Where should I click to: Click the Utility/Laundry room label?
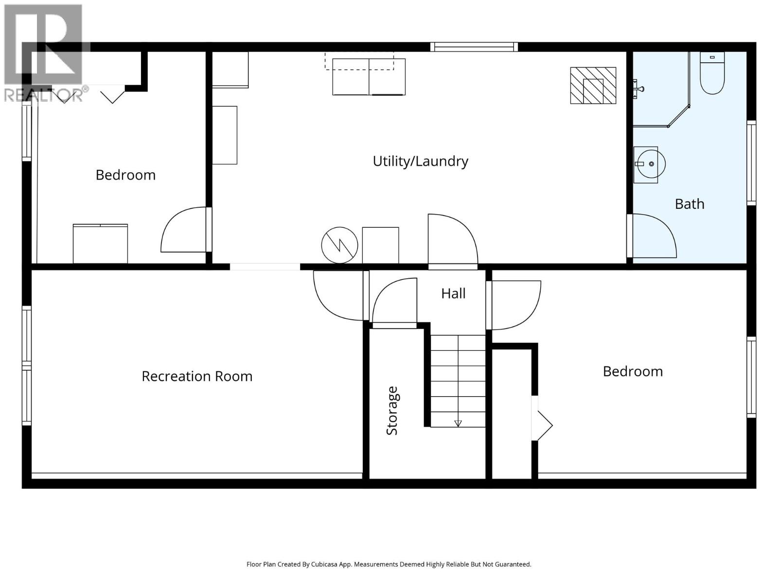[x=420, y=161]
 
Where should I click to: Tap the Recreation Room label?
[x=197, y=376]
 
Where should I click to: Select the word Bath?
[x=690, y=204]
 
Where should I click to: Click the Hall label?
[x=453, y=293]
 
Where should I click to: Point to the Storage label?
[x=392, y=410]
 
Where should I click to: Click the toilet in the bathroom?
[x=712, y=74]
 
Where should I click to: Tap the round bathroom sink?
[x=650, y=164]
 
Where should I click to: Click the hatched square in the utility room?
[x=593, y=86]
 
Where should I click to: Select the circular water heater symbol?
[x=339, y=245]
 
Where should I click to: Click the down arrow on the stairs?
[x=458, y=423]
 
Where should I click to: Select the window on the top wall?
[x=474, y=47]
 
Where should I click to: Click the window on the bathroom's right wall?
[x=751, y=162]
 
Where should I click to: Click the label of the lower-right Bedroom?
[x=633, y=371]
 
